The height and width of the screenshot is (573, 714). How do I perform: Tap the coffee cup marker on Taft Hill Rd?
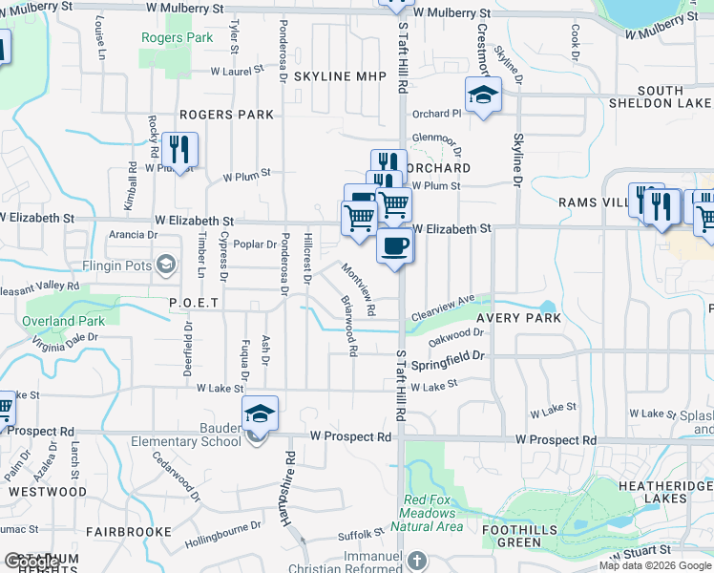pos(394,247)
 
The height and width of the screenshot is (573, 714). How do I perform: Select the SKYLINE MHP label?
pos(339,76)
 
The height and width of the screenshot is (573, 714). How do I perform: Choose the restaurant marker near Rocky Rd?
pos(178,149)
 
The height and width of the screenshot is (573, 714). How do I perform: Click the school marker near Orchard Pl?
pos(483,95)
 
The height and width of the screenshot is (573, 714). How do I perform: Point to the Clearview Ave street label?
pos(443,306)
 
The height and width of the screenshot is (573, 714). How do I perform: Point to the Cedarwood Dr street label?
pos(178,481)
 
